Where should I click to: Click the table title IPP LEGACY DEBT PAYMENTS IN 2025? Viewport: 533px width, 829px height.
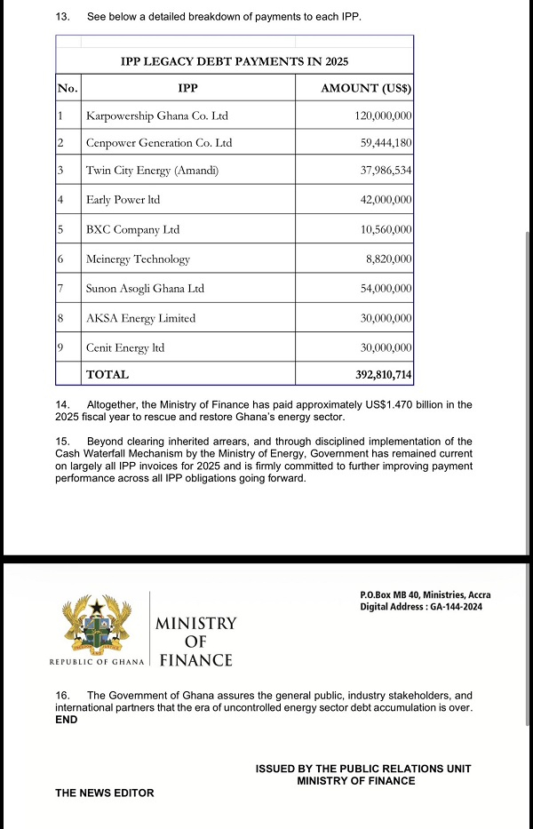(235, 61)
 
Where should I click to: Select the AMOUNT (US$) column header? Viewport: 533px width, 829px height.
(366, 88)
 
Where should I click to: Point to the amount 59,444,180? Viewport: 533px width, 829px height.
(384, 143)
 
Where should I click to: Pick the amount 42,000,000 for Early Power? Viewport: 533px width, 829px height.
(386, 201)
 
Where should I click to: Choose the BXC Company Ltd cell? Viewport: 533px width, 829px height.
(132, 230)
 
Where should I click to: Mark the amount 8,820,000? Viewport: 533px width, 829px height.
(388, 259)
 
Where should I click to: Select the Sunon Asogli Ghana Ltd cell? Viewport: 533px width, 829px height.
(145, 289)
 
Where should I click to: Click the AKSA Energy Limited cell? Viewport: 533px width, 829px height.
(140, 318)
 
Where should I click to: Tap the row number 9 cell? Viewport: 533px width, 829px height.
(60, 347)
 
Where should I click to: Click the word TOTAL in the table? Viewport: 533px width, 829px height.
(107, 375)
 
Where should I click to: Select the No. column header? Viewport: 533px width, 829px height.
(67, 88)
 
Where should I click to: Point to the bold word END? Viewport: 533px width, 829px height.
(67, 720)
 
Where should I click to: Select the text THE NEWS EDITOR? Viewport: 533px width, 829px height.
(104, 793)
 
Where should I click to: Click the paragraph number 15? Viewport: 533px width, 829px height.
(62, 442)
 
